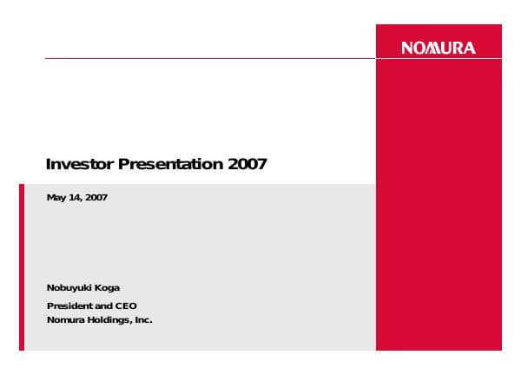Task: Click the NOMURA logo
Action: click(439, 49)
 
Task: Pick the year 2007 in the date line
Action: click(96, 199)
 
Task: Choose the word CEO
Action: click(126, 306)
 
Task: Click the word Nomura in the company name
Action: click(63, 319)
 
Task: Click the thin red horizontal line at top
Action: click(208, 58)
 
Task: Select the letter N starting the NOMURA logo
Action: click(407, 49)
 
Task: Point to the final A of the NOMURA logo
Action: click(470, 49)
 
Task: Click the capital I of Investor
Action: click(48, 164)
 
